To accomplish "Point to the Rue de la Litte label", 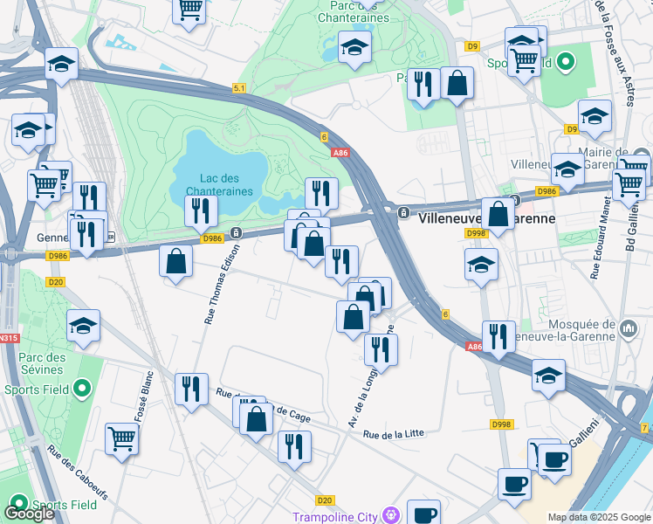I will (x=391, y=434).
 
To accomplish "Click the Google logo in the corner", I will (x=29, y=513).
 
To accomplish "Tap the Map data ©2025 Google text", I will (x=599, y=517).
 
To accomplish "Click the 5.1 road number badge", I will (x=239, y=88).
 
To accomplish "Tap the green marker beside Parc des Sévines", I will (x=82, y=388).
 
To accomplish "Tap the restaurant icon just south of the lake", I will (x=201, y=210).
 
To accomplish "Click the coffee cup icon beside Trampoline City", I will (x=424, y=514).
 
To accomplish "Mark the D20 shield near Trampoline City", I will (x=325, y=500).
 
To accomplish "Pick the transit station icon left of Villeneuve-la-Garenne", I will (x=403, y=213).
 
